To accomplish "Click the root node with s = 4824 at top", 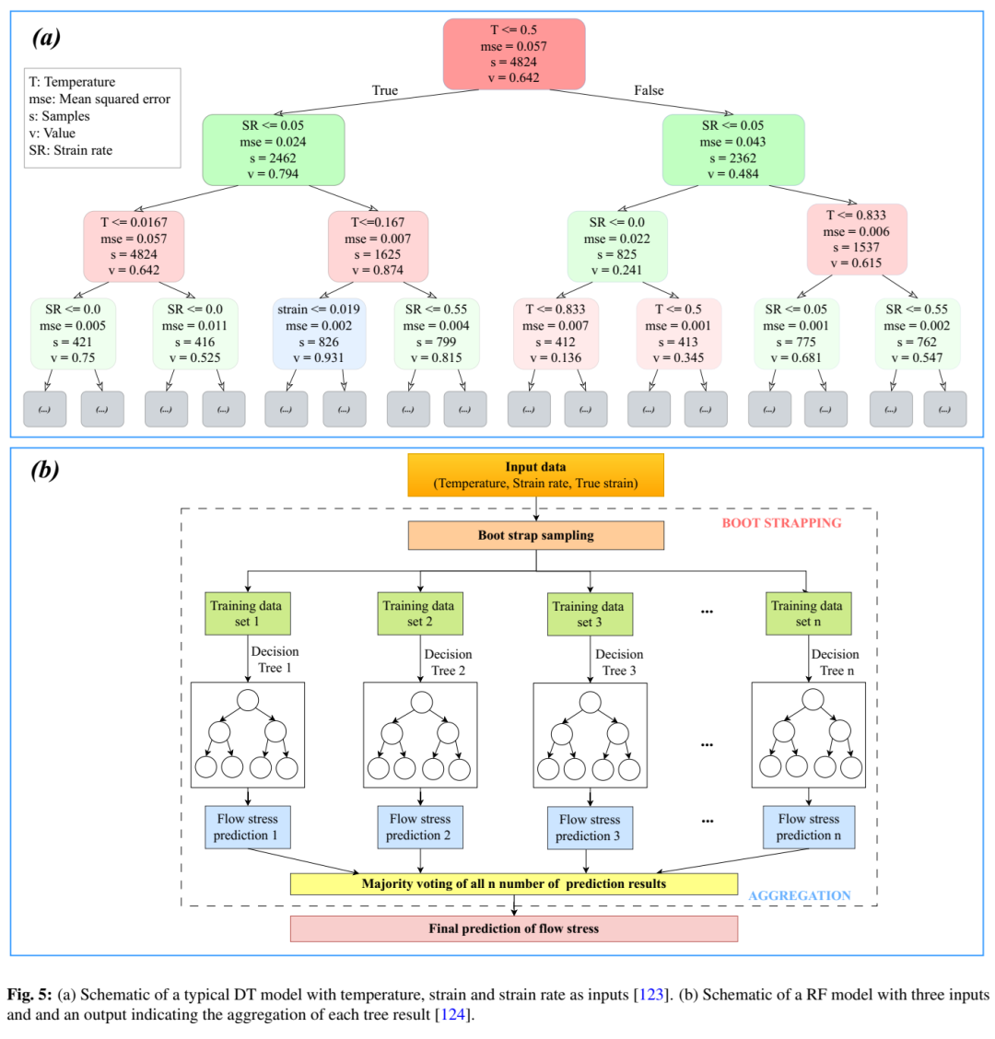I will pos(514,54).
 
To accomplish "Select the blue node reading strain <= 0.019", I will pos(320,333).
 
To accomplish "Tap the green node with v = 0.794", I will pos(274,149).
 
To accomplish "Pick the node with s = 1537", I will pos(857,239).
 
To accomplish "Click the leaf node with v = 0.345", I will pos(678,333).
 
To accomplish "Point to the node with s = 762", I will pos(917,333).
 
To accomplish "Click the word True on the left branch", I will pos(385,90).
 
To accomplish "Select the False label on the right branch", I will pos(649,90).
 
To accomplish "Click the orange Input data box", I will pos(535,474).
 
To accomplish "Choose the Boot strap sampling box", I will pos(535,535).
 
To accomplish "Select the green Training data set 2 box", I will pos(419,613).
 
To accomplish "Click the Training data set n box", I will pos(807,613).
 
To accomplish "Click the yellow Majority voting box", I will pos(514,883).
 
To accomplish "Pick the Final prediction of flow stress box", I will pos(514,928).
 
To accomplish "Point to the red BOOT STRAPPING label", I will pos(781,523).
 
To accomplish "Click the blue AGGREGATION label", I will pos(800,895).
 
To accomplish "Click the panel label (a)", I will pos(47,38).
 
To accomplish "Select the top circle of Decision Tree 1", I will pos(246,700).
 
